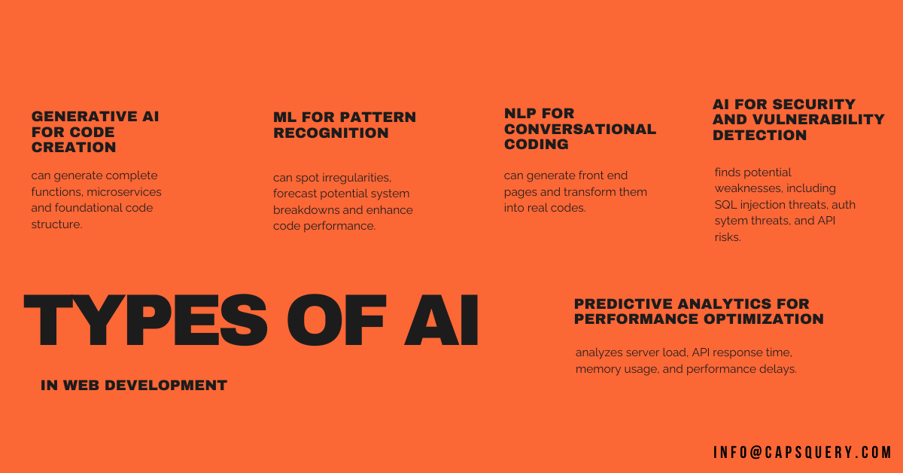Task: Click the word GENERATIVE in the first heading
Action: point(84,117)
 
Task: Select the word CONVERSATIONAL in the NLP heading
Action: point(580,129)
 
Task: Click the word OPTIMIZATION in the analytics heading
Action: point(764,319)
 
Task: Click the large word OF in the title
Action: point(336,320)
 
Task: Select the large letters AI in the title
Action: point(441,320)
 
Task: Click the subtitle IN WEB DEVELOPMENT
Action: point(134,386)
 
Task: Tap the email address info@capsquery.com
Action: point(802,453)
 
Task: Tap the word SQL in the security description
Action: point(725,205)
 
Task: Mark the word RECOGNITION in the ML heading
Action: point(331,133)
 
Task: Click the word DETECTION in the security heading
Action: point(759,136)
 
